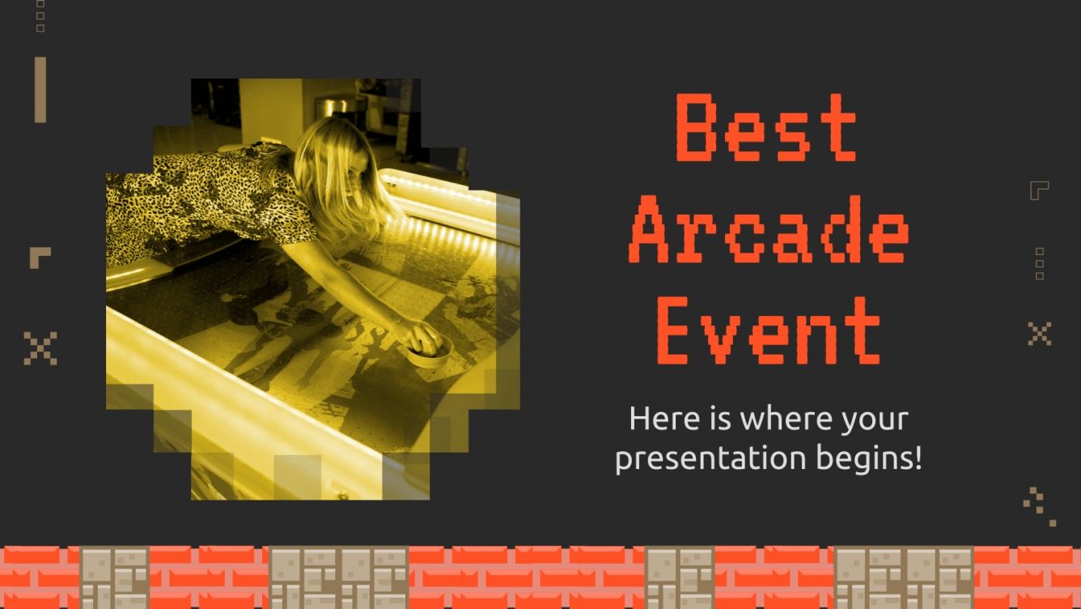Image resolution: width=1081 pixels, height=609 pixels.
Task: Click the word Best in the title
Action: coord(765,128)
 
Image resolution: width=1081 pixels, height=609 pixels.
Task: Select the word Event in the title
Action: coord(767,330)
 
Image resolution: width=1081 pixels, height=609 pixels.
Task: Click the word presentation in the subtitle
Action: coord(699,458)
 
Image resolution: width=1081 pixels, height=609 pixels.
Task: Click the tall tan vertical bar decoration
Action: coord(40,89)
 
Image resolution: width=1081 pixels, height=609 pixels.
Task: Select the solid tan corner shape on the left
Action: coord(39,256)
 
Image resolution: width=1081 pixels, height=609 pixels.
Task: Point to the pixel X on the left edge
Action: coord(40,347)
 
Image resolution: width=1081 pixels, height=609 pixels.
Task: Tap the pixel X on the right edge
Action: coord(1039,333)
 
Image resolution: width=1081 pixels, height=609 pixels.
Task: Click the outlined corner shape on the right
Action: coord(1038,190)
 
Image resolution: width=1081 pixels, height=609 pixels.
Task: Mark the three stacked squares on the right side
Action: coord(1040,263)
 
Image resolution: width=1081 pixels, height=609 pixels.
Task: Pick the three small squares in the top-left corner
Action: coord(40,15)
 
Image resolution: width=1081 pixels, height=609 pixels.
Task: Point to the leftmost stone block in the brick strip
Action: coord(114,577)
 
